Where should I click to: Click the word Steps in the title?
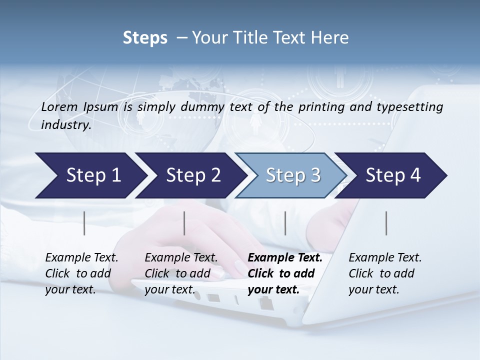coord(145,38)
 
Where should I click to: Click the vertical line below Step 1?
coord(84,223)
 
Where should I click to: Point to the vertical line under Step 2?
coord(184,223)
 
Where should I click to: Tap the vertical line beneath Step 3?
coord(285,223)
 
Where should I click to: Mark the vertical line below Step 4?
coord(386,223)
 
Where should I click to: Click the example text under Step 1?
coord(81,273)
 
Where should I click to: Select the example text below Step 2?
coord(181,273)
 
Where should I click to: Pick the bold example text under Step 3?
coord(284,273)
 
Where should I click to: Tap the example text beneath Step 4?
coord(385,273)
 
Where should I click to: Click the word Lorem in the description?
coord(59,106)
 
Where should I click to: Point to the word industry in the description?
coord(65,125)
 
